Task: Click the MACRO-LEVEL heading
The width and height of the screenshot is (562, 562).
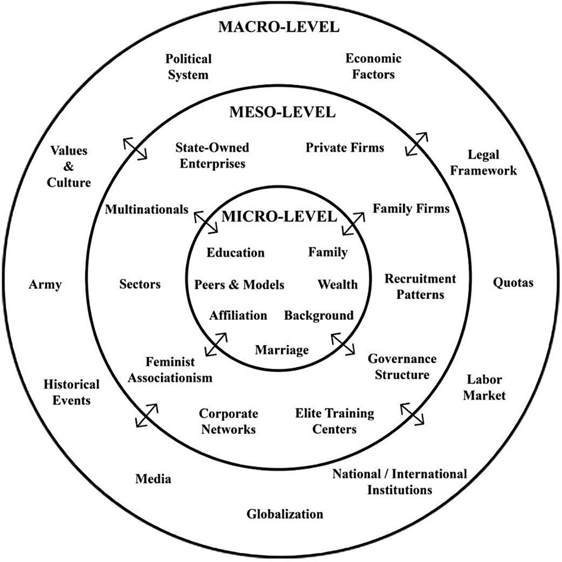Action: tap(279, 27)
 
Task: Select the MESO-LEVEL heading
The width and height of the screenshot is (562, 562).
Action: tap(282, 112)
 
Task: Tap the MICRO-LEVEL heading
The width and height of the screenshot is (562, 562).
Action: tap(279, 216)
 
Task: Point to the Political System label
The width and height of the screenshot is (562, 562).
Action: tap(188, 67)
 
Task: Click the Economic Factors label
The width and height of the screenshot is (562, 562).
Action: tap(373, 66)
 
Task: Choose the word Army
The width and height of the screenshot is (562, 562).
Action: tap(45, 284)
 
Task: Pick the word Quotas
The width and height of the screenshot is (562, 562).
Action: tap(513, 283)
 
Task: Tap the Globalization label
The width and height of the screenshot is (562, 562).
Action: tap(284, 514)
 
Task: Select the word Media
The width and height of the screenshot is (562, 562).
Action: tap(153, 478)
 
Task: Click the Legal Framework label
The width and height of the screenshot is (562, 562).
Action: tap(483, 162)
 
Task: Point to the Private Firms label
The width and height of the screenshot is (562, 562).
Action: tap(345, 148)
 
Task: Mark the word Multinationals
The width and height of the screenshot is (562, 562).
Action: tap(146, 209)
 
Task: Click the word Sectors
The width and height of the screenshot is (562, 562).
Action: tap(140, 284)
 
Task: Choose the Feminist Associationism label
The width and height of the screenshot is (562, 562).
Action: tap(170, 370)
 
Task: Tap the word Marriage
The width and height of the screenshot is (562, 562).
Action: tap(282, 350)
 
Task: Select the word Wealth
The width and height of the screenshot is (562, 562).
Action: tap(338, 284)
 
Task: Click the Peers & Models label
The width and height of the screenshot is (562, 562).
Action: tap(239, 284)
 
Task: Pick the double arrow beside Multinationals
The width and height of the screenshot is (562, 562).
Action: tap(206, 222)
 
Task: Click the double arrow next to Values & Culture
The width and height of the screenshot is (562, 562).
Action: tap(135, 149)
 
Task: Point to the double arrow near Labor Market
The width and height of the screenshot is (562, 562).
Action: tap(412, 414)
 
